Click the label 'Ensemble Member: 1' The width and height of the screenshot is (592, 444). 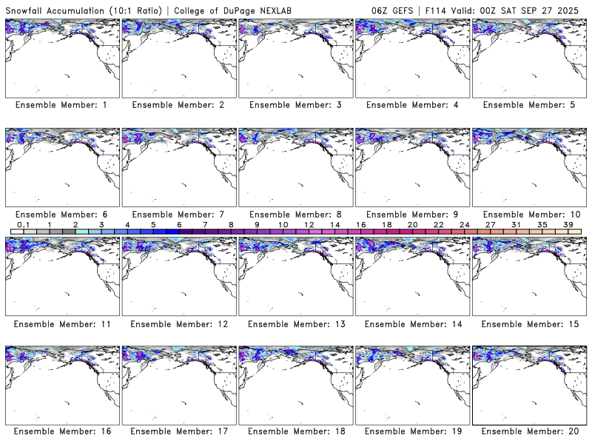click(61, 105)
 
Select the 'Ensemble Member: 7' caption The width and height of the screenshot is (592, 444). click(178, 214)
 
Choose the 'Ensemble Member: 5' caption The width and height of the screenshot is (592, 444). click(528, 105)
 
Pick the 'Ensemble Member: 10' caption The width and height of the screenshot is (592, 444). click(528, 214)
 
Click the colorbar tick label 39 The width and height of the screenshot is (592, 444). click(568, 223)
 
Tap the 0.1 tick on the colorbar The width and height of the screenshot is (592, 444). click(23, 223)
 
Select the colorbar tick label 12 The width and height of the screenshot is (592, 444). click(309, 223)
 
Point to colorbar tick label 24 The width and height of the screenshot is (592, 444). click(464, 223)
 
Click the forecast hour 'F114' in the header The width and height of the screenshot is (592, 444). click(440, 8)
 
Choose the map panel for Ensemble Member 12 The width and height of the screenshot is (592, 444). click(178, 274)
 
